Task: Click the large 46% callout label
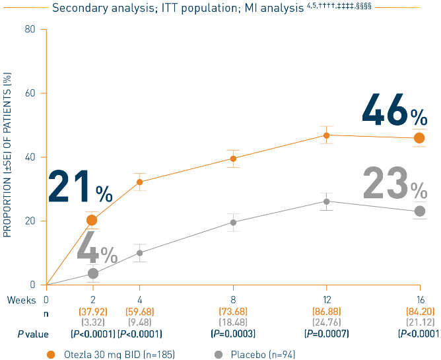click(394, 110)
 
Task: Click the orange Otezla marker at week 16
click(419, 137)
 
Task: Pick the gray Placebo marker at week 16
click(419, 211)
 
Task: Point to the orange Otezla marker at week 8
click(233, 159)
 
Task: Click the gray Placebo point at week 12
click(326, 201)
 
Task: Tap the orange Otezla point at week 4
click(139, 182)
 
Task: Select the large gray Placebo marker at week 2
click(93, 273)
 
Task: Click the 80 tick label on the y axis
click(30, 29)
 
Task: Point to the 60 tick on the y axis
click(30, 93)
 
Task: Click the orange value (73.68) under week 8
click(233, 311)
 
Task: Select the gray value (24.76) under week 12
click(326, 322)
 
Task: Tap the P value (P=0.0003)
click(233, 334)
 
